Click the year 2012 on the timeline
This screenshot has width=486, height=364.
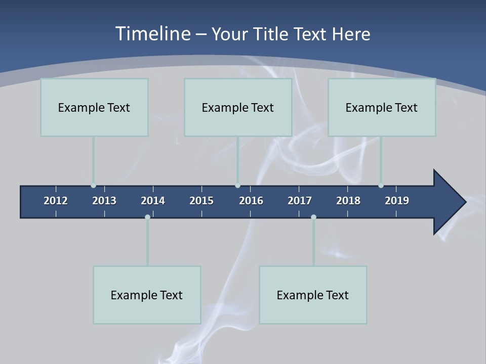[x=56, y=201]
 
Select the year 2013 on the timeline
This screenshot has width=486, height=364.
[x=104, y=201]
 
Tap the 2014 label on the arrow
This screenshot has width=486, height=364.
[x=153, y=201]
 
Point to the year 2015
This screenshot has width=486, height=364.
[x=201, y=201]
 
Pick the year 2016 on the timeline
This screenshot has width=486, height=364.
[x=251, y=201]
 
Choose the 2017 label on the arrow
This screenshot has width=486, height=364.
[x=300, y=201]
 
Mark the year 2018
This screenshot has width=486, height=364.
[x=348, y=201]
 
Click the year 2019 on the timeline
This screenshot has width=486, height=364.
[x=397, y=201]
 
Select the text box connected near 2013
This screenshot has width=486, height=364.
[x=94, y=107]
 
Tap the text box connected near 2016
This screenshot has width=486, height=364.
[x=238, y=107]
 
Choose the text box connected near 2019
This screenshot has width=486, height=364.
[x=382, y=107]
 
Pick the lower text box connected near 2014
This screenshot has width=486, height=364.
[x=147, y=295]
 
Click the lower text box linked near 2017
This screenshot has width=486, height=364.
[x=313, y=295]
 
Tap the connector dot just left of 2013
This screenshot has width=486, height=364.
[x=93, y=186]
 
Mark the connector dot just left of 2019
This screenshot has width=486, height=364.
[x=381, y=186]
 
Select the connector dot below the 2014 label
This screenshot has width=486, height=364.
[x=147, y=217]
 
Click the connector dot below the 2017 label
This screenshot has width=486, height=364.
[x=313, y=217]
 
